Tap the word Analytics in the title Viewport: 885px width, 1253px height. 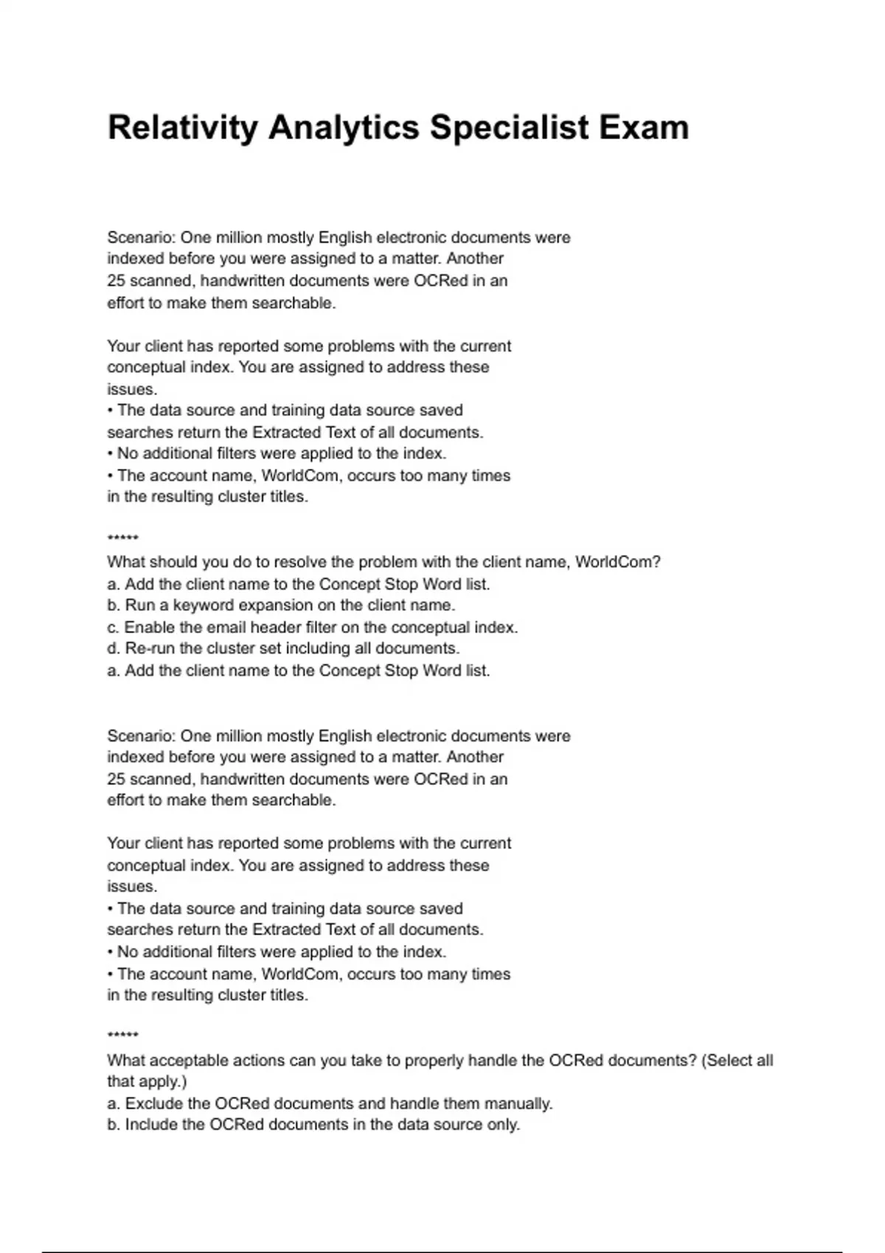click(x=345, y=128)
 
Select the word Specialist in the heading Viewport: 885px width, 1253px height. click(x=510, y=128)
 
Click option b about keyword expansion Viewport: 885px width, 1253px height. click(x=281, y=605)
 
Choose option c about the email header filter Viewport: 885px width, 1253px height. click(x=312, y=627)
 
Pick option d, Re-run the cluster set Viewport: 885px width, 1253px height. click(x=283, y=649)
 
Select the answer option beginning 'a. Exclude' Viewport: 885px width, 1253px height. click(x=330, y=1103)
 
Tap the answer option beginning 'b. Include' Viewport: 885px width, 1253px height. click(x=313, y=1125)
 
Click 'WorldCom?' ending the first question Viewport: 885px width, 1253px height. click(x=617, y=562)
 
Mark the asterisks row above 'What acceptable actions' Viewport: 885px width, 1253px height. click(x=122, y=1036)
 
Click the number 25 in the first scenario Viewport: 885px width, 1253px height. click(x=117, y=281)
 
